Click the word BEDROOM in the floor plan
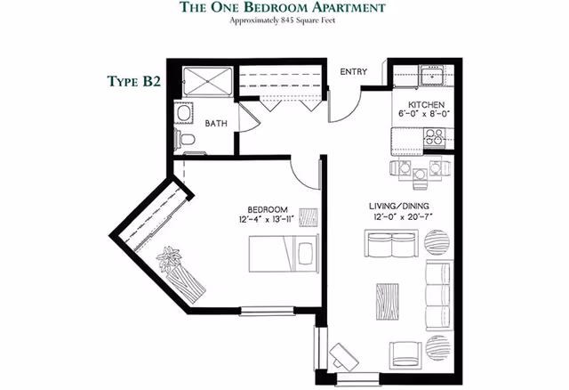(x=264, y=207)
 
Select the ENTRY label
(x=353, y=73)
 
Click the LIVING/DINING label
(x=398, y=207)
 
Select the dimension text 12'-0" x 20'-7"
(x=398, y=217)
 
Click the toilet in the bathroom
(x=184, y=139)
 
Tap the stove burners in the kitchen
(x=435, y=138)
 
